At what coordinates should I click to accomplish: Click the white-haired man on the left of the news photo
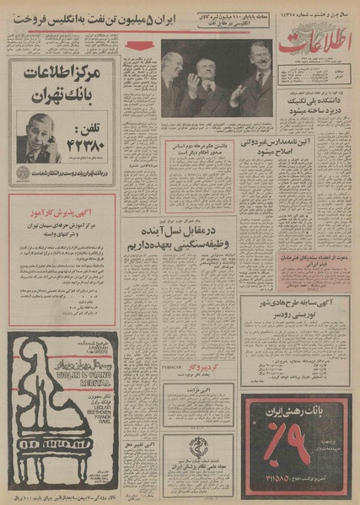(176, 80)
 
